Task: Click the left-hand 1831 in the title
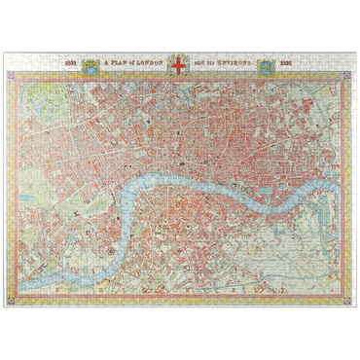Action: [70, 65]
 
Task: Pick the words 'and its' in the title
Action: [202, 65]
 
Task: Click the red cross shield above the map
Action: [178, 65]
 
